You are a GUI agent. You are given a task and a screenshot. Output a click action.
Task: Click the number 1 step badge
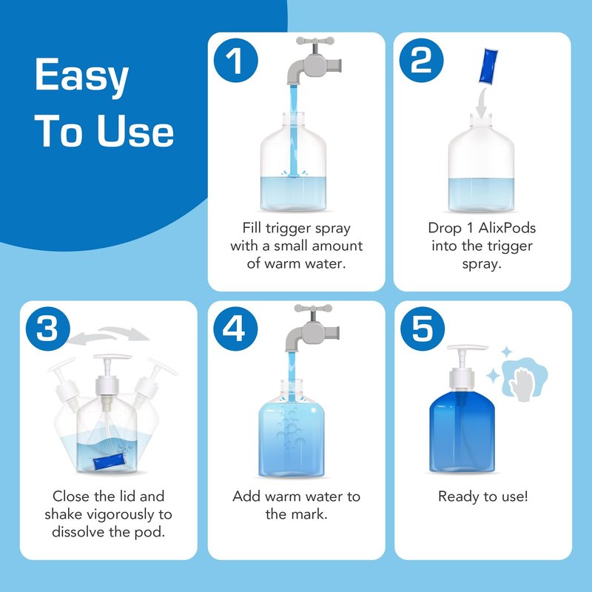[x=235, y=61]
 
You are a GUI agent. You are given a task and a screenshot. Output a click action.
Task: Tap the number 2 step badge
[x=421, y=61]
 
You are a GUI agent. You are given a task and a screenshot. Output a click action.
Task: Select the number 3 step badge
[x=48, y=329]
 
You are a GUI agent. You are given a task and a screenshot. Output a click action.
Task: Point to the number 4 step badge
[x=235, y=329]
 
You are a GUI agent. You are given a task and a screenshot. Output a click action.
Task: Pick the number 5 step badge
[x=423, y=329]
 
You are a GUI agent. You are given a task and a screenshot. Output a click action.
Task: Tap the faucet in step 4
[x=312, y=328]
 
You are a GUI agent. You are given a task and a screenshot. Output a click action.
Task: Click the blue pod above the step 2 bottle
[x=488, y=66]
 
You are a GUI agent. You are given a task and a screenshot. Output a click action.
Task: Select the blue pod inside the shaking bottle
[x=109, y=462]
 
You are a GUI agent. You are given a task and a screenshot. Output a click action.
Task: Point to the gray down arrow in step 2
[x=481, y=102]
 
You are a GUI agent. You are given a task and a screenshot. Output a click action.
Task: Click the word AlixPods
[x=507, y=228]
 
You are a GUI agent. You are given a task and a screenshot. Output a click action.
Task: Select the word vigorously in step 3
[x=122, y=514]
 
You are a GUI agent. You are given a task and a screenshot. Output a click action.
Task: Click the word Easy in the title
[x=82, y=76]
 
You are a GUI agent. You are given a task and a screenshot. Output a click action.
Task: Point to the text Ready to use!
[x=483, y=497]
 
